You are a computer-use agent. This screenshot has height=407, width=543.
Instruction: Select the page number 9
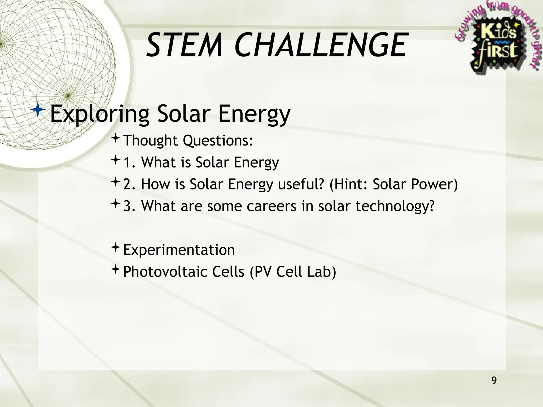point(494,381)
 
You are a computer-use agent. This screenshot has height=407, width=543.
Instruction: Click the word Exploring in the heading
point(100,114)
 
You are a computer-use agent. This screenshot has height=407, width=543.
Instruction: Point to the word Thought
point(151,140)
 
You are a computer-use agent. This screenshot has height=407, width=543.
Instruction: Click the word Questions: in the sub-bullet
point(218,140)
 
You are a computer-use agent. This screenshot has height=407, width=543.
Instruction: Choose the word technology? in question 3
point(395,206)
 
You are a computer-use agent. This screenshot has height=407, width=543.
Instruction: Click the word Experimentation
point(179,250)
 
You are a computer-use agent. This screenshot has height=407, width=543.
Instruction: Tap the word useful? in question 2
point(301,184)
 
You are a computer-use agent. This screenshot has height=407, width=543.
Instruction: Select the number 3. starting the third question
point(130,206)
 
